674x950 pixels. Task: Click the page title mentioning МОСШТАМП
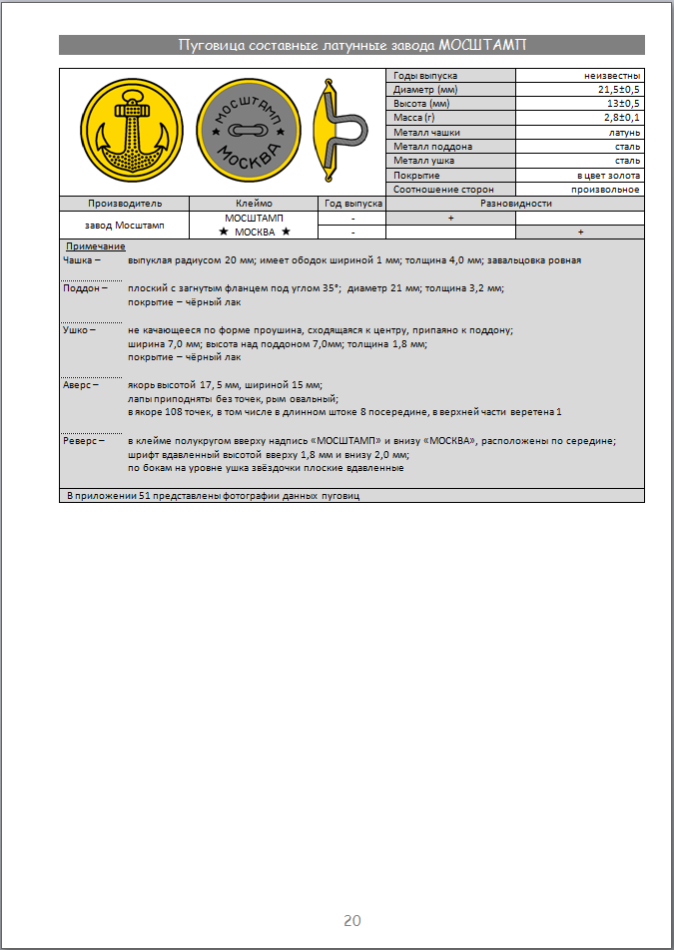click(x=351, y=45)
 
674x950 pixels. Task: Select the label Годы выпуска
click(x=425, y=76)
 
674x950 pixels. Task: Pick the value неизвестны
click(x=613, y=76)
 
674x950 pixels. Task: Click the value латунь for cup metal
click(x=624, y=133)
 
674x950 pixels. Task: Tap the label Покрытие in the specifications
click(x=417, y=175)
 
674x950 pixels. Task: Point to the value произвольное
click(x=606, y=189)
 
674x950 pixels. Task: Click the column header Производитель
click(x=124, y=204)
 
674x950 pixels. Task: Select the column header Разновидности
click(x=514, y=204)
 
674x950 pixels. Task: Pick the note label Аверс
click(x=79, y=384)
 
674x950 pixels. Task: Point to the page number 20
click(x=351, y=920)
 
